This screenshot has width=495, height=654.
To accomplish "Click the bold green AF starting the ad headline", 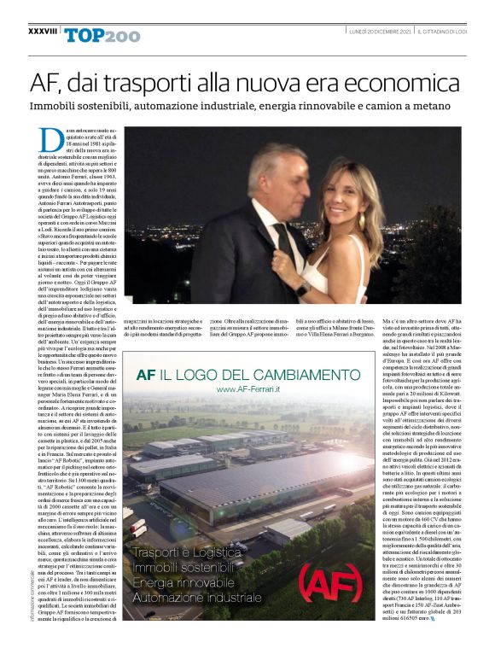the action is coord(146,373).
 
